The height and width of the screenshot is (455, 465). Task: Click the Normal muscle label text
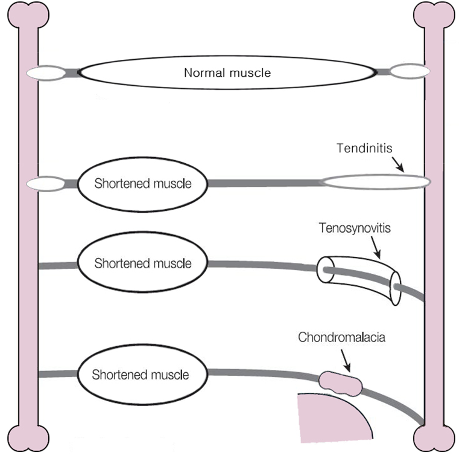pyautogui.click(x=227, y=73)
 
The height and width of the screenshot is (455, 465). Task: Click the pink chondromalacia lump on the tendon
pyautogui.click(x=341, y=382)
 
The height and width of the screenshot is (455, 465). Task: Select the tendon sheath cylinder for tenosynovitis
pyautogui.click(x=359, y=276)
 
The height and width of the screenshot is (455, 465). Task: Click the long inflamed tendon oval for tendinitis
pyautogui.click(x=375, y=181)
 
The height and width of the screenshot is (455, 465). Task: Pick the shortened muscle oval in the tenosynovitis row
pyautogui.click(x=142, y=264)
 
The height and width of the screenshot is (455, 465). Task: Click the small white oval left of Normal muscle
pyautogui.click(x=46, y=73)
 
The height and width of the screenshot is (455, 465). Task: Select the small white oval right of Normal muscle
pyautogui.click(x=409, y=72)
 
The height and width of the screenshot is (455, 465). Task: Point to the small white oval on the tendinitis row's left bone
pyautogui.click(x=46, y=183)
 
